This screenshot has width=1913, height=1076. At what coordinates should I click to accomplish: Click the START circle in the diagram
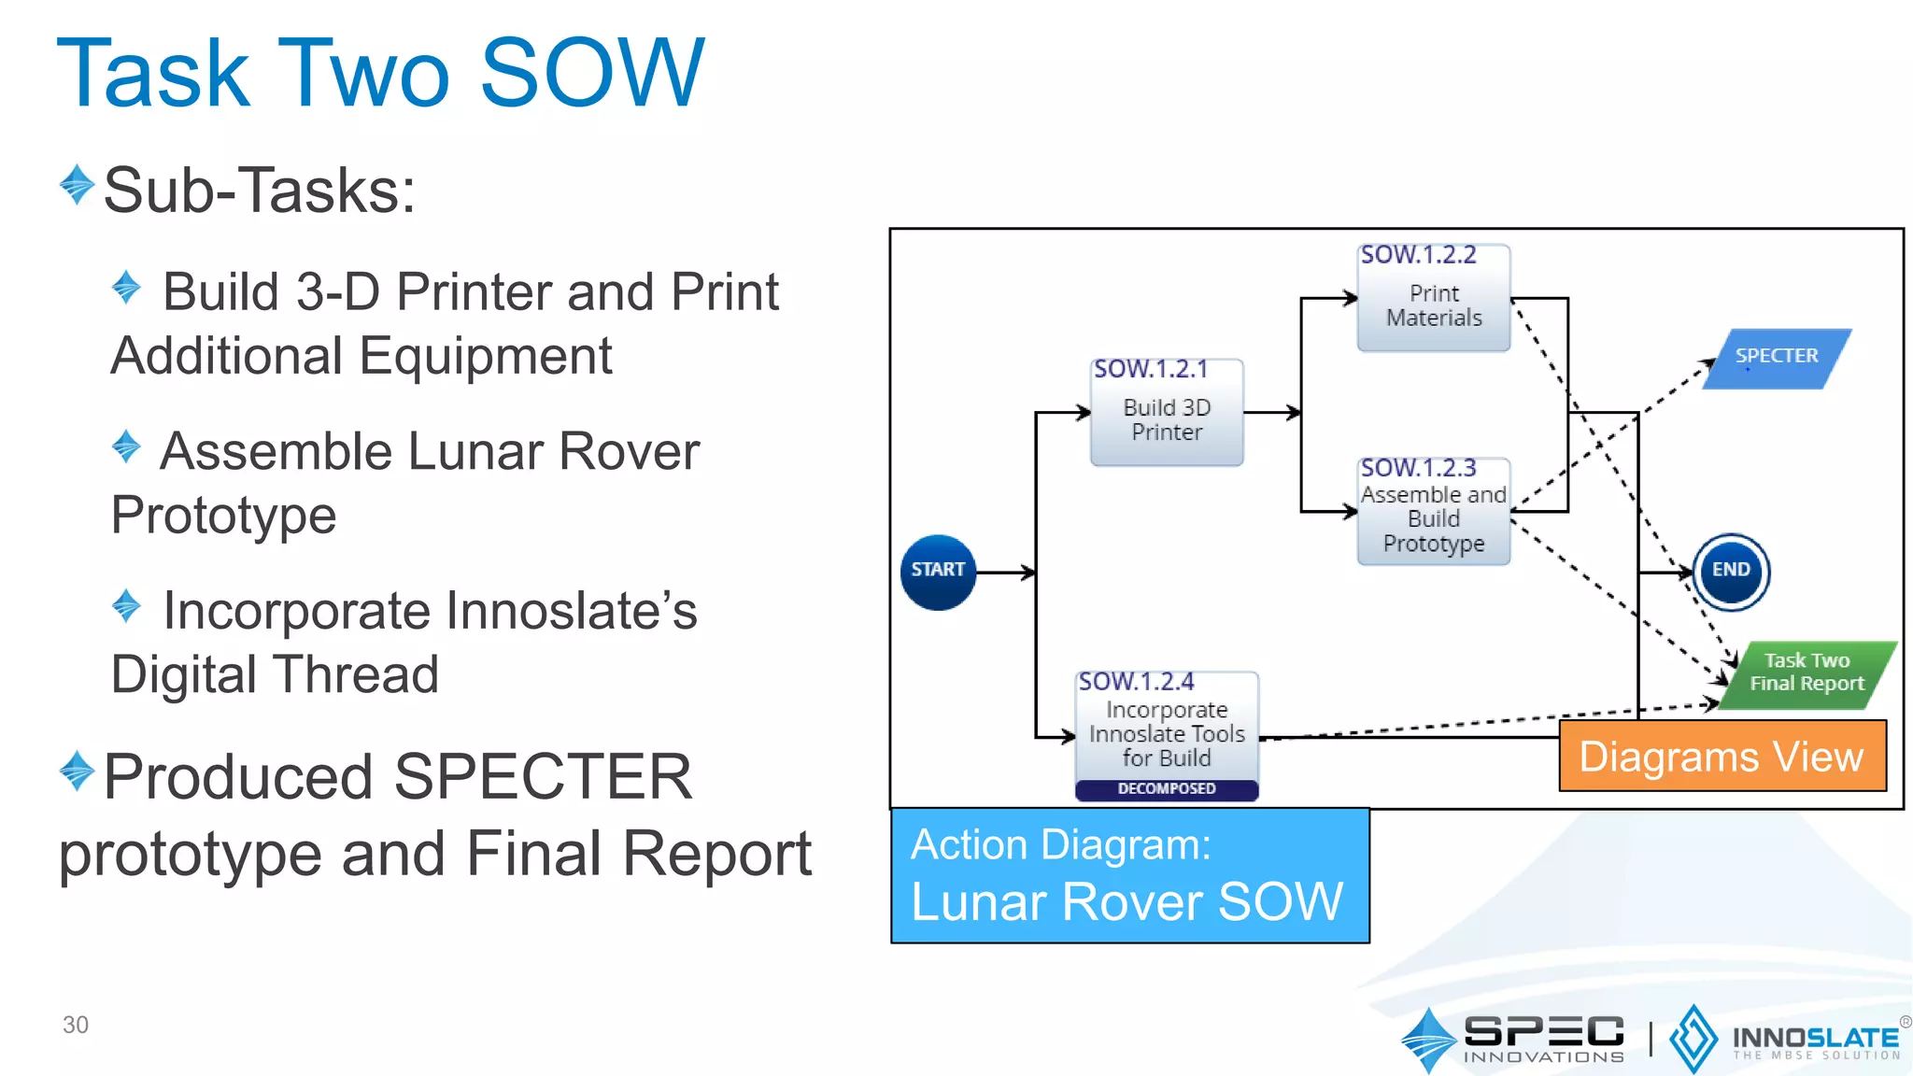click(x=938, y=572)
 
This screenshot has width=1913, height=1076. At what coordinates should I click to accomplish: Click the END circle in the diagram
click(x=1731, y=572)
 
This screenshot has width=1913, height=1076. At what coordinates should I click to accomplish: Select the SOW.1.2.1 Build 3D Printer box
click(x=1167, y=413)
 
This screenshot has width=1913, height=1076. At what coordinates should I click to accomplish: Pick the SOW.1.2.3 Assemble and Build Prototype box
click(x=1433, y=512)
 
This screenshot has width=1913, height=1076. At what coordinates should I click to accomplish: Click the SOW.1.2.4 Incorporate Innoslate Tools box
click(x=1167, y=729)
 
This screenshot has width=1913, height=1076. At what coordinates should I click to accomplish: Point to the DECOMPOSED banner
click(x=1167, y=789)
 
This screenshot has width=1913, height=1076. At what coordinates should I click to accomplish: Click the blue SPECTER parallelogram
click(x=1777, y=358)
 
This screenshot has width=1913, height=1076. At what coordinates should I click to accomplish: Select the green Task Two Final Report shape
click(x=1807, y=673)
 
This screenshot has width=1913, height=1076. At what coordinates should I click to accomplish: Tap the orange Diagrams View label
click(x=1722, y=756)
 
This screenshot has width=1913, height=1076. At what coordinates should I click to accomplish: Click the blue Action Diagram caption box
click(x=1129, y=875)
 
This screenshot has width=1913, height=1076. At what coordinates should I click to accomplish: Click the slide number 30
click(x=75, y=1025)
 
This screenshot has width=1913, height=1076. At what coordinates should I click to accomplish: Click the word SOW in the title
click(x=591, y=73)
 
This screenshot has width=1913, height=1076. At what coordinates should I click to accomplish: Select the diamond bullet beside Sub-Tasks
click(x=77, y=185)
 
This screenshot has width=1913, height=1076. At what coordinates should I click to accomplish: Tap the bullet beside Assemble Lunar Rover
click(x=126, y=446)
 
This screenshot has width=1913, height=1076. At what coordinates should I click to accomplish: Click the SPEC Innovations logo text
click(x=1543, y=1037)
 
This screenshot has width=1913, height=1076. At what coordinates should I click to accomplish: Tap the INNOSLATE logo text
click(x=1815, y=1039)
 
